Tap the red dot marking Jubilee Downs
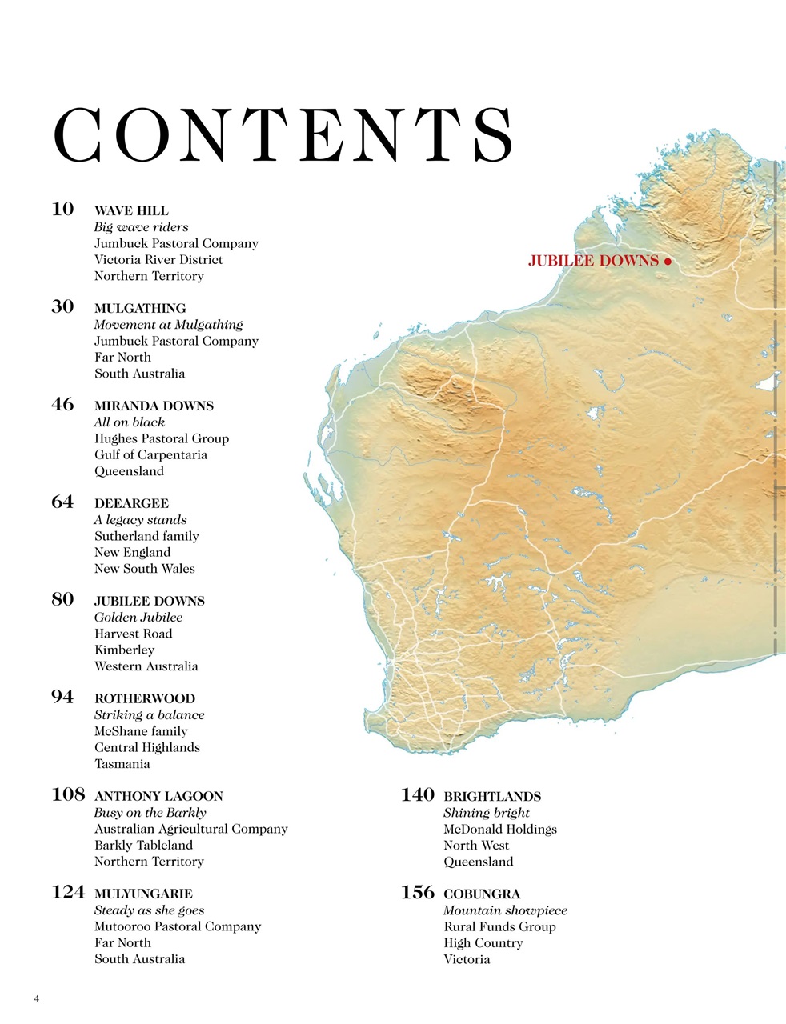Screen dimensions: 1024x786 coord(667,261)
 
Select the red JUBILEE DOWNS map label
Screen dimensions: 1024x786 coord(593,261)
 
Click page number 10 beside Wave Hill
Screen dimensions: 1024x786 coord(62,210)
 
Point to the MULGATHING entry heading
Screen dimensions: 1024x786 coord(140,308)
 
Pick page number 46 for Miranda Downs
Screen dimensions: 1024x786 coord(62,405)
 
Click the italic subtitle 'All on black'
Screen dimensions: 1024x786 coord(130,422)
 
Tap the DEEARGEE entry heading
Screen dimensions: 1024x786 coord(131,503)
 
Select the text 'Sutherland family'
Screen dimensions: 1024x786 coord(146,536)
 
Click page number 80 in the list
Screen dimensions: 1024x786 coord(62,600)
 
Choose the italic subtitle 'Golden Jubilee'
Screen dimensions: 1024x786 coord(138,617)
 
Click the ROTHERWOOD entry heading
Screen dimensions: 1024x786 coord(145,698)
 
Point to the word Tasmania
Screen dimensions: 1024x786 coord(122,763)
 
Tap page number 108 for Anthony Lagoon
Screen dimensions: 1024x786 coord(68,795)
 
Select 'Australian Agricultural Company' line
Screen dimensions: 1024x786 coord(190,829)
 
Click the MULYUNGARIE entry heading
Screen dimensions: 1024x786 coord(143,894)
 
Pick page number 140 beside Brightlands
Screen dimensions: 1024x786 coord(417,795)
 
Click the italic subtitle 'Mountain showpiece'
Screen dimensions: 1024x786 coord(505,910)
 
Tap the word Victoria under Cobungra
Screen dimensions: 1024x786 coord(467,959)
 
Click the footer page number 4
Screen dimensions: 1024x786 coord(37,998)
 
